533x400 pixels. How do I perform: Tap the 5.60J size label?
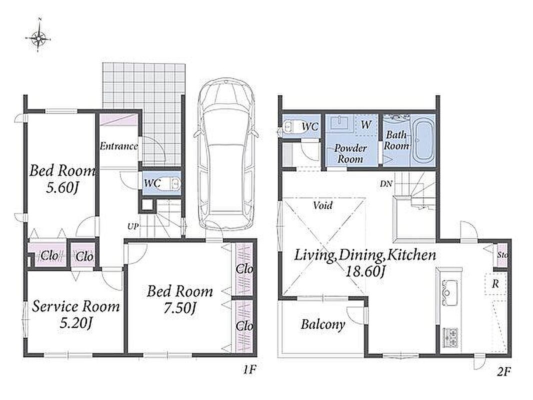[62, 187]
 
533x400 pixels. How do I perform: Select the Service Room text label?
[76, 306]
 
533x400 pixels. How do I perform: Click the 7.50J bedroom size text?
[180, 308]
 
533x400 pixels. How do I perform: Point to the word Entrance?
[118, 146]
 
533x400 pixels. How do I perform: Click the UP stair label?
[133, 226]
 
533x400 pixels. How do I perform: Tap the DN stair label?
[386, 184]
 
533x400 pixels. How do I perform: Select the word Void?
[322, 205]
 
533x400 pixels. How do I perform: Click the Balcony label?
[322, 324]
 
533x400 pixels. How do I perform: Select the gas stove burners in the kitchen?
[449, 337]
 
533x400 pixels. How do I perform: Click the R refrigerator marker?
[495, 284]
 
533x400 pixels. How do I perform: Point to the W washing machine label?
[365, 125]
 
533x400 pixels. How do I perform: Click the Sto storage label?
[502, 255]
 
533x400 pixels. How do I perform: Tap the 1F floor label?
[249, 370]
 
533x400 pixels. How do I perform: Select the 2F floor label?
[504, 372]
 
